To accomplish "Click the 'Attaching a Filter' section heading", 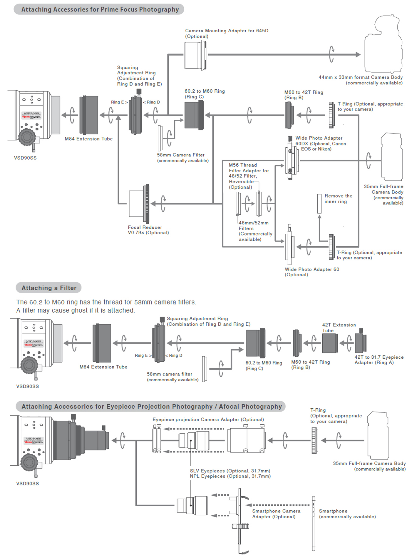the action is (x=49, y=288).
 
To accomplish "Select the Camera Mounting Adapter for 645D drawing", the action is (x=195, y=55).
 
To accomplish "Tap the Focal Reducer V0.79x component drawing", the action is (x=139, y=203).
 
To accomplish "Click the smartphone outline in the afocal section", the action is (x=314, y=523).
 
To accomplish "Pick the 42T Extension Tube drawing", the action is (x=330, y=343).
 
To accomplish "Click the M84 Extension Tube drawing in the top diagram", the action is (x=89, y=115).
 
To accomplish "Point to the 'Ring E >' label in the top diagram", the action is (x=119, y=102).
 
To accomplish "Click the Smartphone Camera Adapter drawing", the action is (x=240, y=520).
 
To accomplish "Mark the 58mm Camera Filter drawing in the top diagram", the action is (x=160, y=138).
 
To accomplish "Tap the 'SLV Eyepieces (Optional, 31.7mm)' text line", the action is (x=230, y=471).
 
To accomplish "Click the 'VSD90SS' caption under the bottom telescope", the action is (x=27, y=483).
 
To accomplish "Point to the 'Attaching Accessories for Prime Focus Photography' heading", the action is (x=100, y=9).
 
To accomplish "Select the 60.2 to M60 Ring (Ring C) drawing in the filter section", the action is (x=255, y=343).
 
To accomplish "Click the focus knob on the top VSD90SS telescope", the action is (x=27, y=137).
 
